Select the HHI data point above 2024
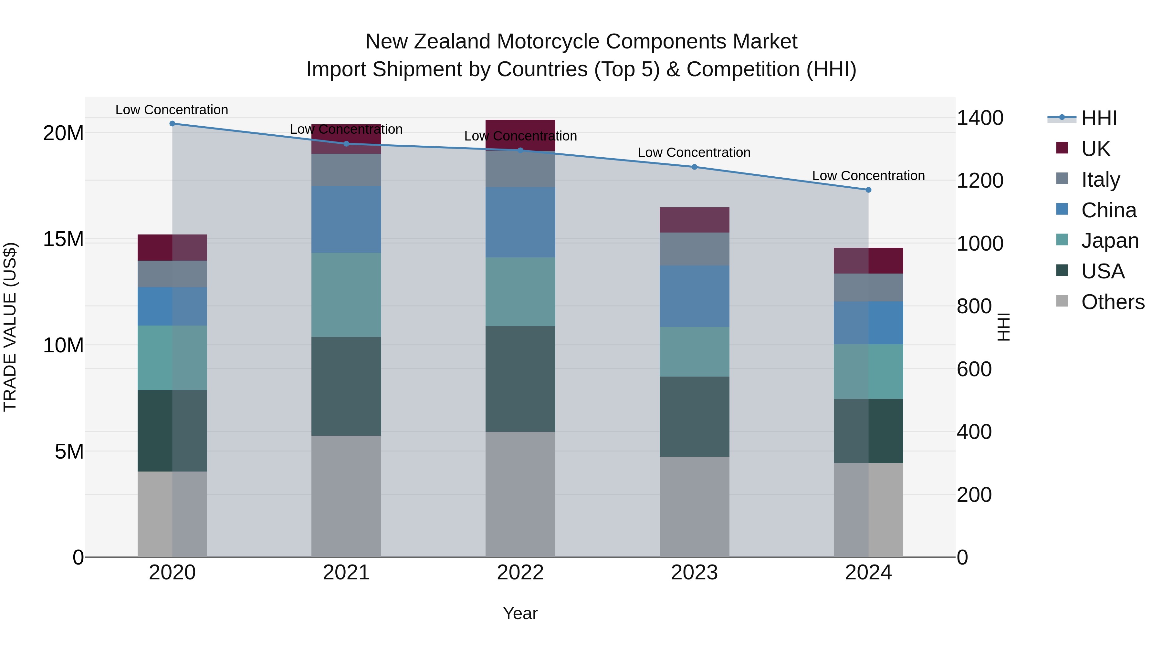pyautogui.click(x=868, y=190)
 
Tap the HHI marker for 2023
pyautogui.click(x=694, y=167)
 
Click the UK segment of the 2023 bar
pyautogui.click(x=694, y=220)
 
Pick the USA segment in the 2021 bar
pyautogui.click(x=346, y=386)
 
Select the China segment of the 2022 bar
pyautogui.click(x=520, y=222)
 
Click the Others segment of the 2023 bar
pyautogui.click(x=694, y=506)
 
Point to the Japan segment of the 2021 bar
pyautogui.click(x=346, y=295)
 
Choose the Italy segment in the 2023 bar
pyautogui.click(x=694, y=249)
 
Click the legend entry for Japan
pyautogui.click(x=1110, y=241)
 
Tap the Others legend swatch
pyautogui.click(x=1062, y=301)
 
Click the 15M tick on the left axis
pyautogui.click(x=63, y=239)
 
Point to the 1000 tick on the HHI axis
pyautogui.click(x=980, y=244)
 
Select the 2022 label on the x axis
pyautogui.click(x=520, y=573)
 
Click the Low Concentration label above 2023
pyautogui.click(x=694, y=152)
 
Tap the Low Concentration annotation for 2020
pyautogui.click(x=172, y=110)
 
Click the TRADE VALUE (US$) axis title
pyautogui.click(x=10, y=327)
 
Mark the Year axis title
pyautogui.click(x=520, y=613)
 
